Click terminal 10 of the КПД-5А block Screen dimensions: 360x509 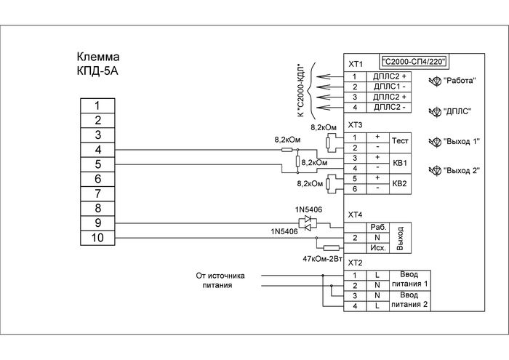click(97, 237)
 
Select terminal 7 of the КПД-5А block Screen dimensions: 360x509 click(97, 193)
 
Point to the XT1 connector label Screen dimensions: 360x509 click(356, 63)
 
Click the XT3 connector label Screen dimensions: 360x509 click(356, 125)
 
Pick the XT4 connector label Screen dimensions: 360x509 click(356, 215)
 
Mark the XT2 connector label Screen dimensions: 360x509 click(356, 263)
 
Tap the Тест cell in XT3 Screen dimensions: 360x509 click(401, 141)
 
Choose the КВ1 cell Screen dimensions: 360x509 click(401, 163)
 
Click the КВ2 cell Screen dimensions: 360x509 click(401, 184)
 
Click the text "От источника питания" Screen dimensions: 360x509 click(221, 281)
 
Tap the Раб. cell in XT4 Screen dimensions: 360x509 click(377, 227)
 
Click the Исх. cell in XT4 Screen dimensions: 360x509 click(377, 247)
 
